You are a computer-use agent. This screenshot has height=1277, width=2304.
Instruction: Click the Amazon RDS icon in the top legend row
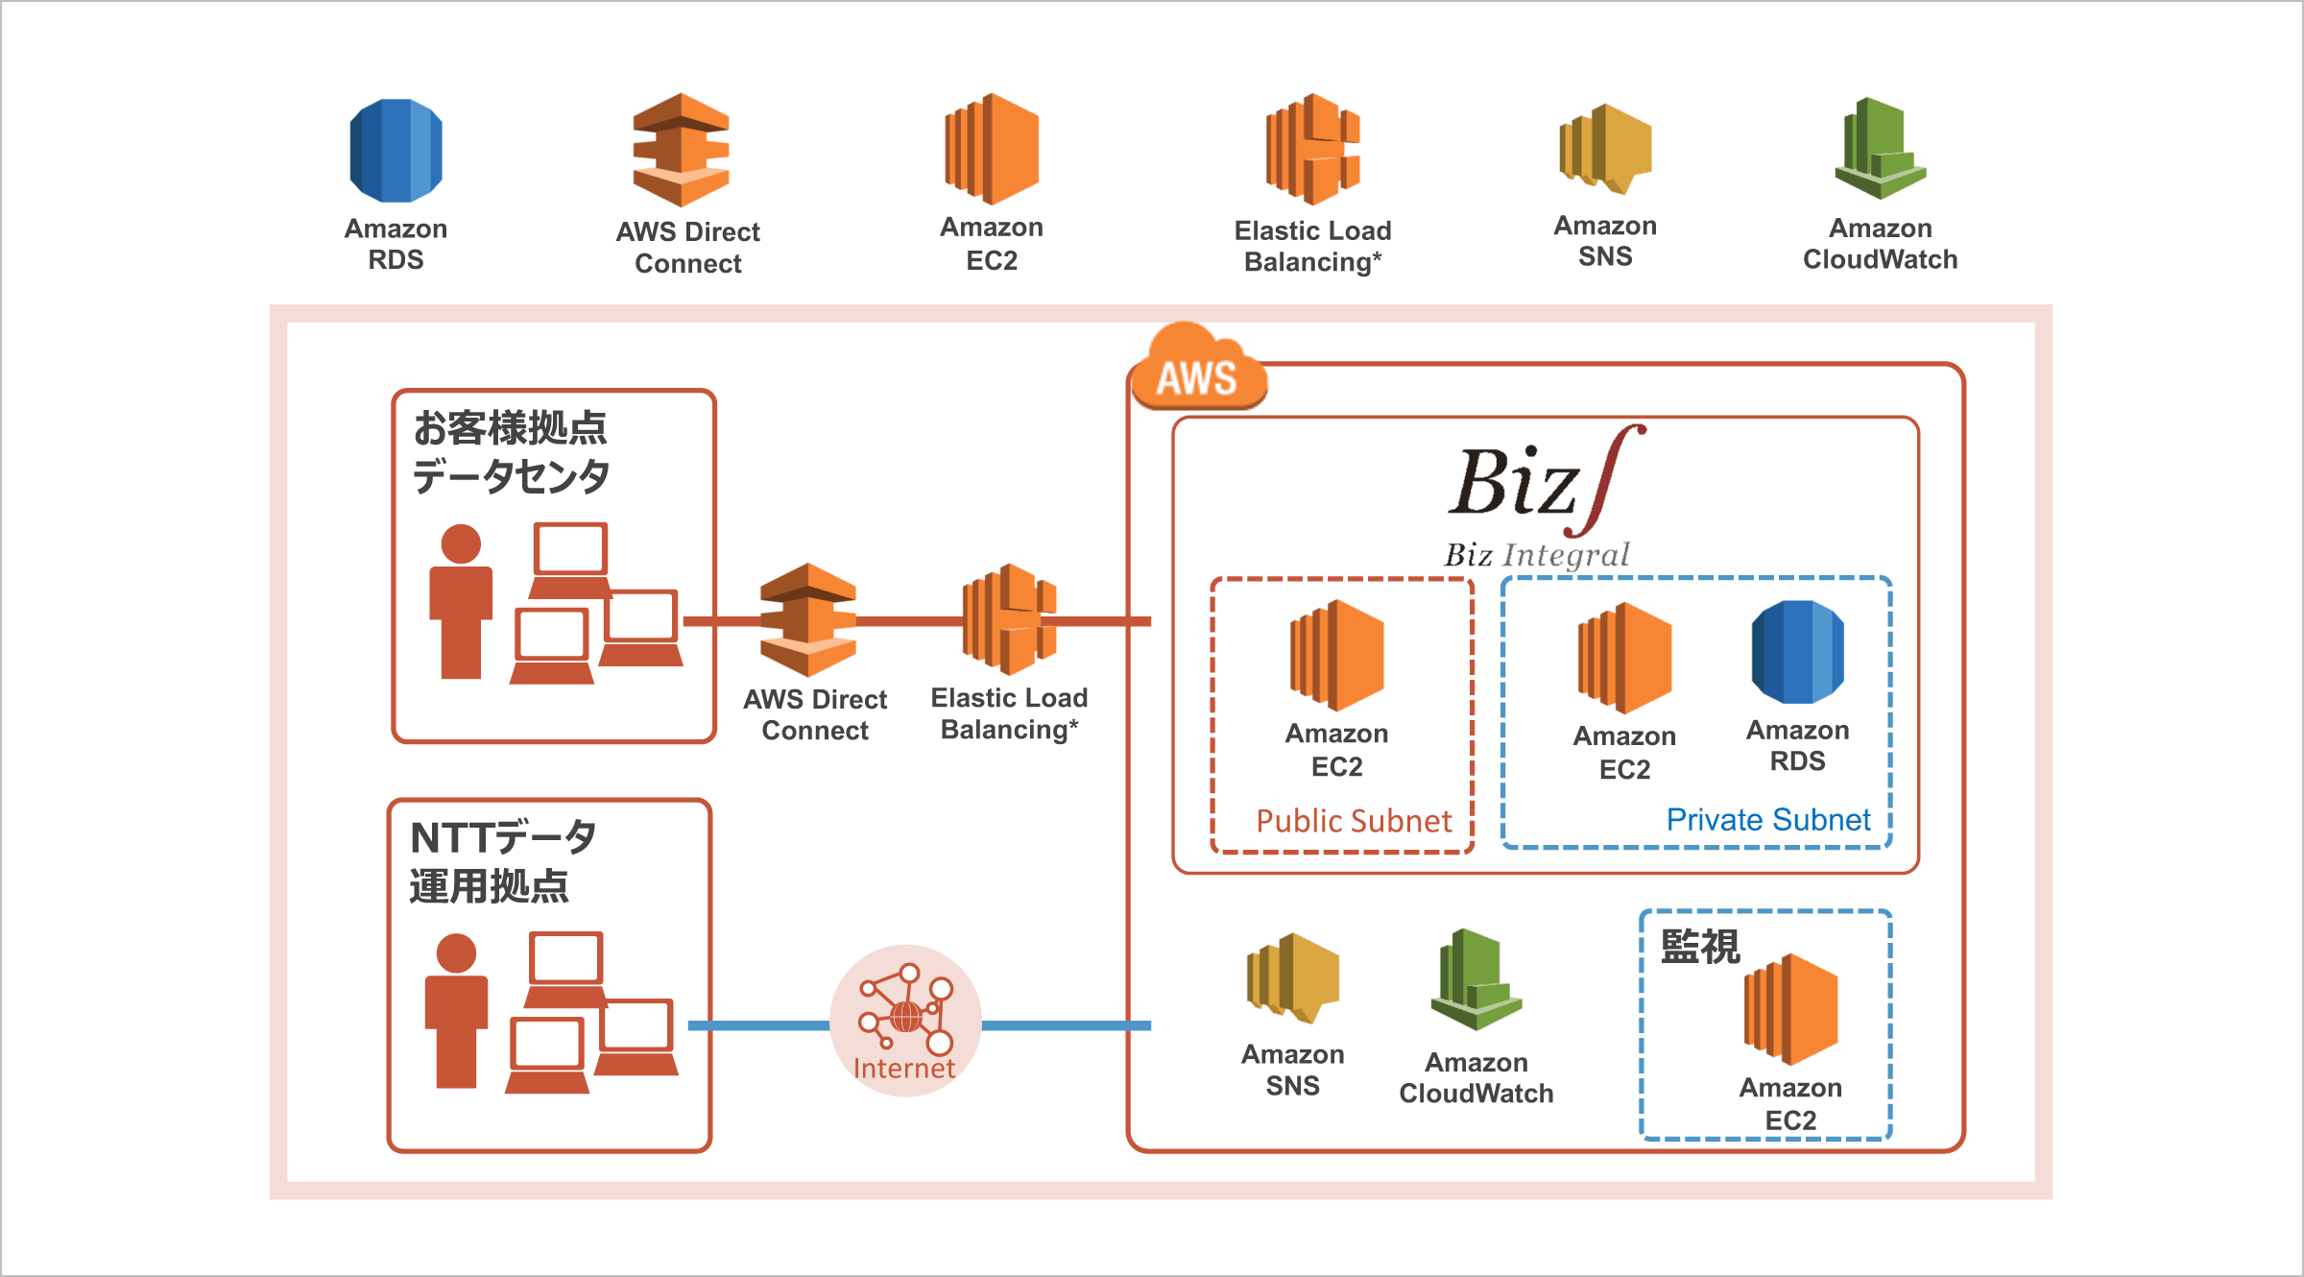coord(396,151)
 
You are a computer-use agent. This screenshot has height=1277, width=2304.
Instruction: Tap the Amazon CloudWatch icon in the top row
coord(1880,149)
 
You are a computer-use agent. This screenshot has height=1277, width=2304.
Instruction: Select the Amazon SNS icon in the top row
coord(1605,149)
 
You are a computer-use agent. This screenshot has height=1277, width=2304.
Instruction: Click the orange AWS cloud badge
coord(1198,371)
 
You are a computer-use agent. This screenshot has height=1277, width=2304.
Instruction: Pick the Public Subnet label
coord(1354,821)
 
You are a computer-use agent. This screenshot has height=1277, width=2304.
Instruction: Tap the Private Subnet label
coord(1768,819)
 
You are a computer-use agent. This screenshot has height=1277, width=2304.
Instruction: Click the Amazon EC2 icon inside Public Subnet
coord(1337,655)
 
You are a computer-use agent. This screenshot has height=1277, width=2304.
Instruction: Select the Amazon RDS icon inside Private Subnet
coord(1797,652)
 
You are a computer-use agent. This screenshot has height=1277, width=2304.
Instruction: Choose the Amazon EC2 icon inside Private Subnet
coord(1624,658)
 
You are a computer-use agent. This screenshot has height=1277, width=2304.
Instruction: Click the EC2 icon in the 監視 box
coord(1790,1010)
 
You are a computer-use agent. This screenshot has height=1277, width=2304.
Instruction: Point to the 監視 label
coord(1699,947)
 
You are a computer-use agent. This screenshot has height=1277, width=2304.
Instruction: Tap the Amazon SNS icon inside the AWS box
coord(1292,977)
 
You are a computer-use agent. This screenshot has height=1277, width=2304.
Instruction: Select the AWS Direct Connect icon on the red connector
coord(808,620)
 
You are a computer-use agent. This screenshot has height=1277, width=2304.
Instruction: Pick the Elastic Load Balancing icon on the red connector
coord(1010,619)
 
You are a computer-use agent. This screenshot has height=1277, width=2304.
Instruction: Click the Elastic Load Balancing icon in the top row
coord(1312,149)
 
